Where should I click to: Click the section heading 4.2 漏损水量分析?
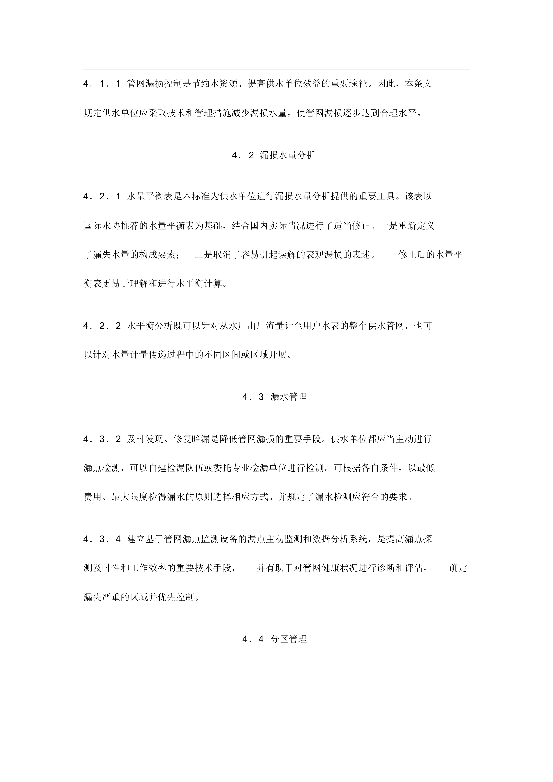tap(273, 155)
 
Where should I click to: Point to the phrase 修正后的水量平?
tap(430, 254)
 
